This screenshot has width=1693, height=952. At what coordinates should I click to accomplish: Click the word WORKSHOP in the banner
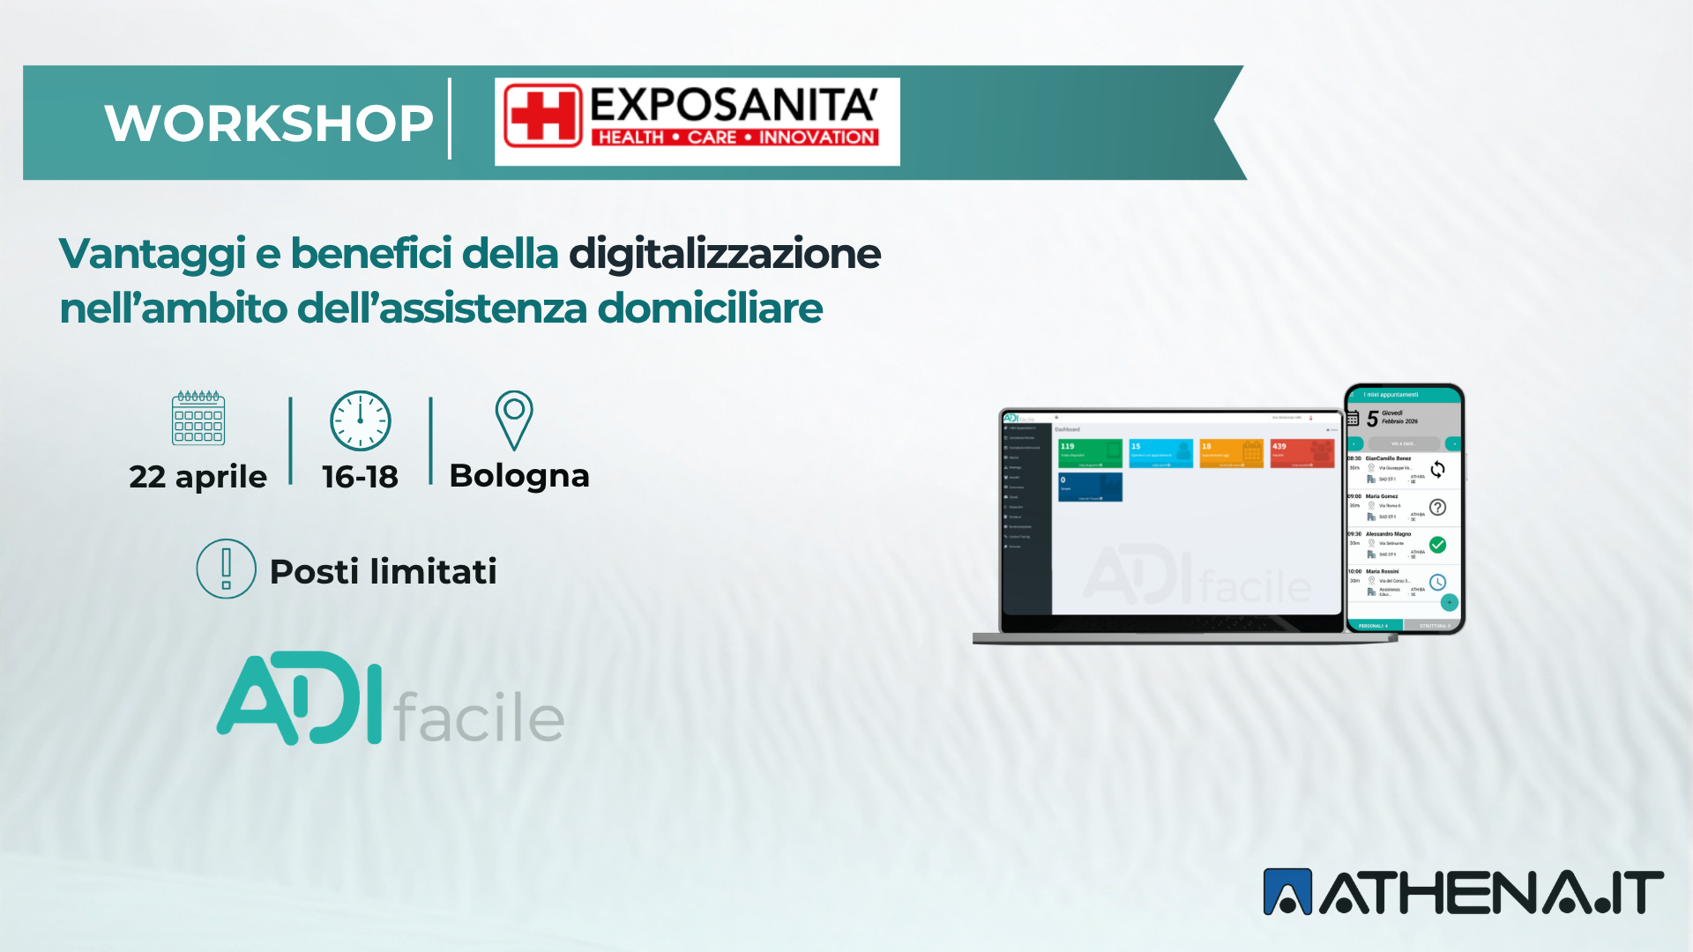coord(269,123)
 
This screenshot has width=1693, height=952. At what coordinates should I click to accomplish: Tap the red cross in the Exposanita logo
coord(542,115)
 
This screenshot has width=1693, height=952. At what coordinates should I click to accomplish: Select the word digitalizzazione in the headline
coord(724,254)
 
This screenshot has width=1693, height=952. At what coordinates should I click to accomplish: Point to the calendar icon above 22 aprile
coord(198,419)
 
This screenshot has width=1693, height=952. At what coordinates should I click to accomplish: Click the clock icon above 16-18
coord(360,420)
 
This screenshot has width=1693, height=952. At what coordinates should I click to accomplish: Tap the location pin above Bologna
coord(514,420)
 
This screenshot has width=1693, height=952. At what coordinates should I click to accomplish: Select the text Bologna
coord(519,476)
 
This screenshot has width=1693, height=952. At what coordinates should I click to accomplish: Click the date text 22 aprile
coord(198,477)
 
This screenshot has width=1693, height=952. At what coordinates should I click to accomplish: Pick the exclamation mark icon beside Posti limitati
coord(226,569)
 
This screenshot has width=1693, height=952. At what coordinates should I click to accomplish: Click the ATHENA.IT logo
coord(1463,892)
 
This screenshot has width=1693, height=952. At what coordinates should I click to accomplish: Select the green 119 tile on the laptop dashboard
coord(1090,453)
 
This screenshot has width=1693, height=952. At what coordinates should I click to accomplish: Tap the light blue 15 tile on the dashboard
coord(1160,453)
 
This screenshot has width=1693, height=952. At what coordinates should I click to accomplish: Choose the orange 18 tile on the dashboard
coord(1232,453)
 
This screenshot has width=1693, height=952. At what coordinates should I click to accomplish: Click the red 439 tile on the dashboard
coord(1301,453)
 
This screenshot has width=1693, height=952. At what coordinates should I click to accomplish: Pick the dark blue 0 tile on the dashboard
coord(1090,487)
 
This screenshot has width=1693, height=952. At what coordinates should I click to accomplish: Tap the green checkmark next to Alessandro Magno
coord(1437,545)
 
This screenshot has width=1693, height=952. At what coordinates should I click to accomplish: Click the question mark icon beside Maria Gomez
coord(1437,507)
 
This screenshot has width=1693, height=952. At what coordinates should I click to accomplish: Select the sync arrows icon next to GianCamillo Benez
coord(1437,470)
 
